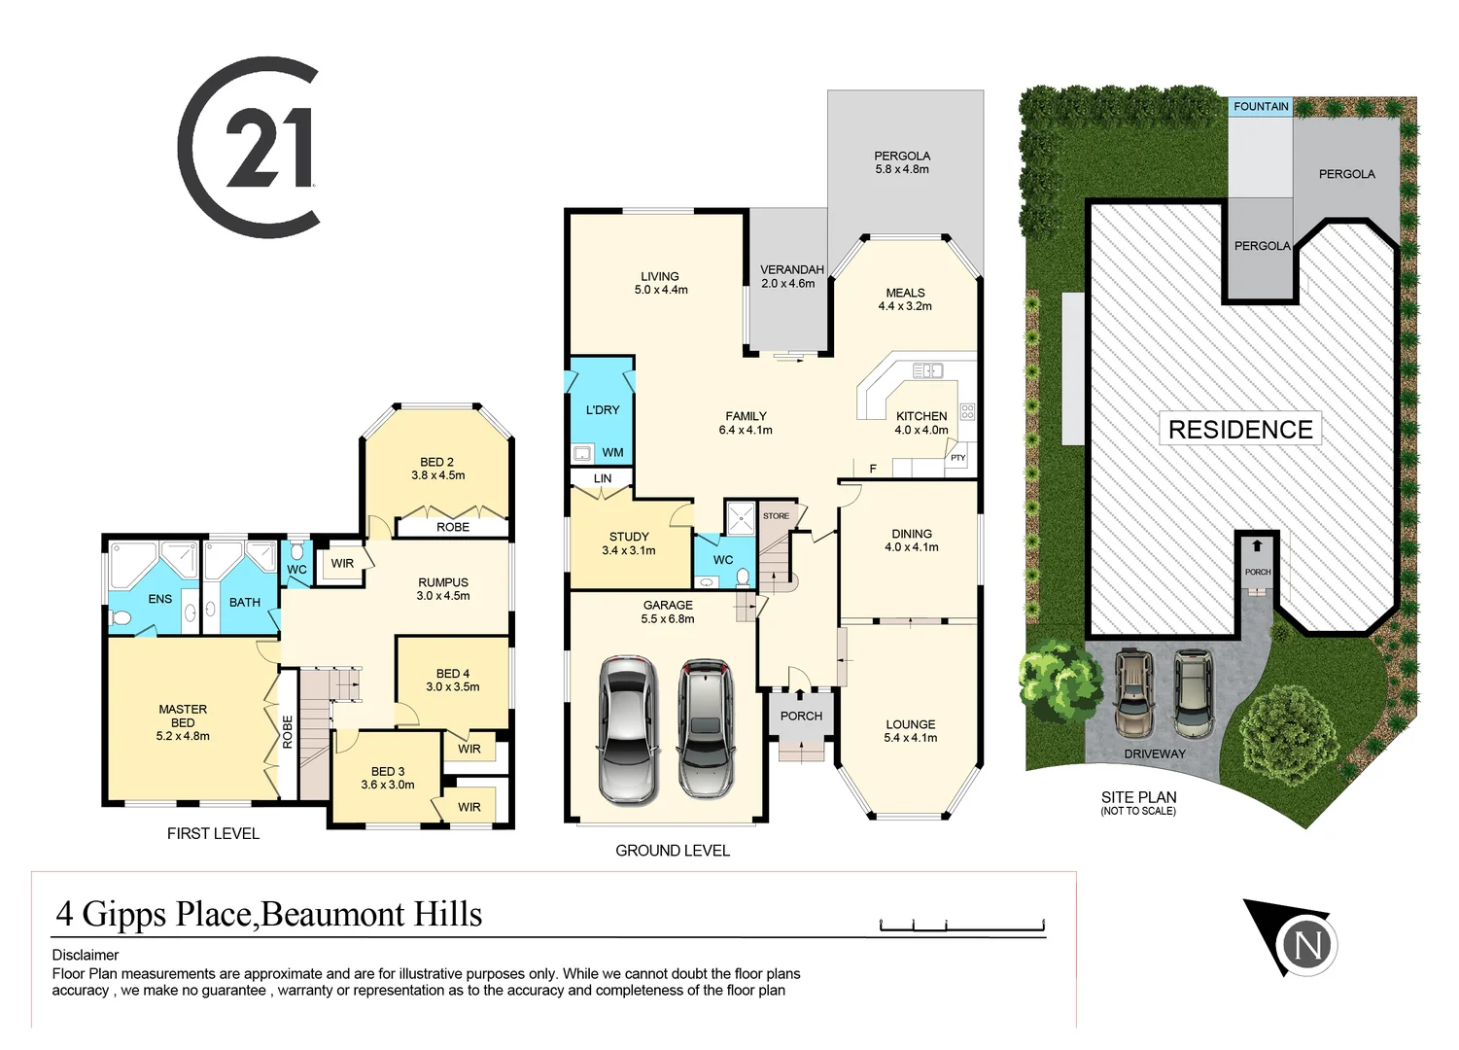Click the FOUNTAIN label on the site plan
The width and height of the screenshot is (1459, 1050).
click(1261, 107)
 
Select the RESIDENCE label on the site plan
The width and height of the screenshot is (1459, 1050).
click(1240, 430)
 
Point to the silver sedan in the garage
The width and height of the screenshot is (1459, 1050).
click(628, 728)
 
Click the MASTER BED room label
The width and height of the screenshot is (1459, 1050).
click(183, 722)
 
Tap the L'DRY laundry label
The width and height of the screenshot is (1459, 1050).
click(603, 410)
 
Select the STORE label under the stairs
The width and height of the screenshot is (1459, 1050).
click(776, 516)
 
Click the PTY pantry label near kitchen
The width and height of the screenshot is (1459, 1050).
click(957, 458)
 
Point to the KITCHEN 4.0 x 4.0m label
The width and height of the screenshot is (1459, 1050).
click(921, 423)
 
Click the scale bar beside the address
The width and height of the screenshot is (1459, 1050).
click(961, 926)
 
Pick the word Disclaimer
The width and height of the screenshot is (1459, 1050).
click(86, 955)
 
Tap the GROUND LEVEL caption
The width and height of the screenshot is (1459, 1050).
click(673, 851)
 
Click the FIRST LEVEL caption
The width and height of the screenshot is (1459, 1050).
click(213, 833)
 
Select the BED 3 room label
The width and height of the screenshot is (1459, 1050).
click(388, 778)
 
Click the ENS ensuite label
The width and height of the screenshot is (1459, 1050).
click(160, 599)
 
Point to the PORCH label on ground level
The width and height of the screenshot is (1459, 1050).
click(801, 716)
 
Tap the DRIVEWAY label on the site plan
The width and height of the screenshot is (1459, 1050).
click(1155, 753)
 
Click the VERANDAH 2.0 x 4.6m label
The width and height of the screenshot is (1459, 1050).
click(791, 276)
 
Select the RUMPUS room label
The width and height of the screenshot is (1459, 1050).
click(443, 589)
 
